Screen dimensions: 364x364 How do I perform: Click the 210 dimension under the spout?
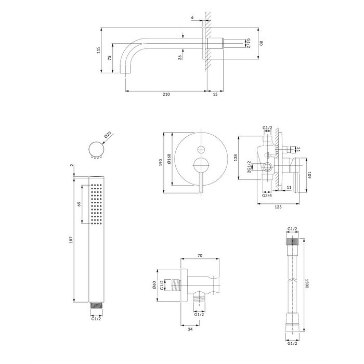[x=166, y=94]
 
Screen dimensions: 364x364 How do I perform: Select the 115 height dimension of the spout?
[x=98, y=50]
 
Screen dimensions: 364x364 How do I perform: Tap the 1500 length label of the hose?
[x=307, y=283]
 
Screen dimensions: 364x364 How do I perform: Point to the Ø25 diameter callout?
[x=108, y=135]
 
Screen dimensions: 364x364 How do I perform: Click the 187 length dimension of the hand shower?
[x=71, y=240]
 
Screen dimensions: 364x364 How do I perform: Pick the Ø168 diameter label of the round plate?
[x=169, y=159]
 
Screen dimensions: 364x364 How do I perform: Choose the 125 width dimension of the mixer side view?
[x=278, y=207]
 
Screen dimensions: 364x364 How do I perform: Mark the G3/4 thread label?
[x=267, y=196]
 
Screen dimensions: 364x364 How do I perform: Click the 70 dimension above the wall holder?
[x=200, y=256]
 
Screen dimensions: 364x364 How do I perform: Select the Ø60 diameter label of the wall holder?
[x=154, y=285]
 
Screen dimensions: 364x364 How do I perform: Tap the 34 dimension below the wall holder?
[x=190, y=329]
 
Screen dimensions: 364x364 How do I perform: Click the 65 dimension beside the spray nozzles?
[x=79, y=204]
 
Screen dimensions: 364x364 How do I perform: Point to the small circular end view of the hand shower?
[x=96, y=149]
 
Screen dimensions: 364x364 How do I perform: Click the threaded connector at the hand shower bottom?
[x=96, y=305]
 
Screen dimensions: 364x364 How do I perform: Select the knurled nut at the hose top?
[x=292, y=241]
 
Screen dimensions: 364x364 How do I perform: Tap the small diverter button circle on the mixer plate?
[x=201, y=150]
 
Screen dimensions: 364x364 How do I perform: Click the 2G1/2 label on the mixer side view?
[x=249, y=167]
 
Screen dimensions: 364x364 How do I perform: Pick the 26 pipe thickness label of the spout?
[x=180, y=57]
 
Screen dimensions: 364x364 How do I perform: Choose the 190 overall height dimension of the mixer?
[x=160, y=162]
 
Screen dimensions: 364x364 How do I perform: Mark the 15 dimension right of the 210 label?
[x=215, y=94]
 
